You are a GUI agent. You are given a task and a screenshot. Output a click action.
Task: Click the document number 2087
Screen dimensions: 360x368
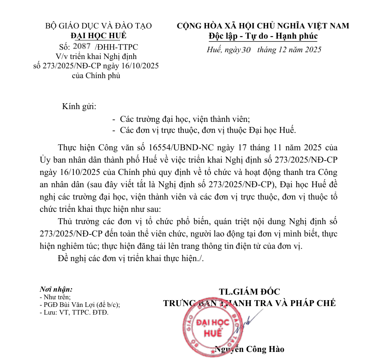pyautogui.click(x=82, y=46)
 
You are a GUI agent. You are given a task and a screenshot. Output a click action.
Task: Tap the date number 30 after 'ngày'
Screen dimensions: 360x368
pyautogui.click(x=246, y=50)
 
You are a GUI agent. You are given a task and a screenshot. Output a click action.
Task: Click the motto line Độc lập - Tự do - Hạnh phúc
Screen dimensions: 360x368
pyautogui.click(x=263, y=36)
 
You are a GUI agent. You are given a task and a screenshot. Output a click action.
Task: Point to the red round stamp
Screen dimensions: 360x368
pyautogui.click(x=211, y=328)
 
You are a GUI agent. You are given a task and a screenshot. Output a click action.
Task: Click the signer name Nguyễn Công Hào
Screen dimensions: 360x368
pyautogui.click(x=250, y=349)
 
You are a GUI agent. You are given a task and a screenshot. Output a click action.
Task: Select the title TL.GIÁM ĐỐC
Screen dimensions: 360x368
pyautogui.click(x=250, y=292)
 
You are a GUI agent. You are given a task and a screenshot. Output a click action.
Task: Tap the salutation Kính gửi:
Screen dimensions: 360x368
pyautogui.click(x=79, y=106)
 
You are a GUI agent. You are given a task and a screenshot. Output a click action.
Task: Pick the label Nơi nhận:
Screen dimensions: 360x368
pyautogui.click(x=56, y=289)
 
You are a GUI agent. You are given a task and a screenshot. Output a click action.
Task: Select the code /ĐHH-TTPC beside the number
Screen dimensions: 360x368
pyautogui.click(x=116, y=47)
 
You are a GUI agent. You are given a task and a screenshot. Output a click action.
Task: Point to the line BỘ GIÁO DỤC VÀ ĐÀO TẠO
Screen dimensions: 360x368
pyautogui.click(x=98, y=26)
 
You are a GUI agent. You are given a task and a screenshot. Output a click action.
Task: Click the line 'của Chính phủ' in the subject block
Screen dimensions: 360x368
pyautogui.click(x=98, y=76)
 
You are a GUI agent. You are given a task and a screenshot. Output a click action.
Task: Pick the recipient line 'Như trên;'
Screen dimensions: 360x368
pyautogui.click(x=56, y=297)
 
